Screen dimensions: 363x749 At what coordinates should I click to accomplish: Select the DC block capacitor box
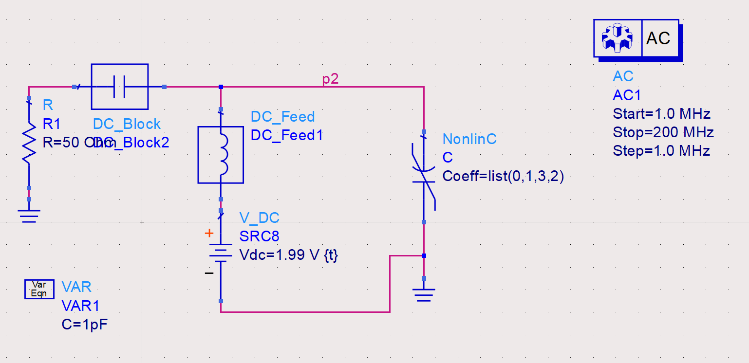[119, 87]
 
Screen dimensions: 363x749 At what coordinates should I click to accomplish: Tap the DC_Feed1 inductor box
[221, 155]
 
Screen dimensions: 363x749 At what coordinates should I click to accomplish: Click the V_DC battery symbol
[221, 253]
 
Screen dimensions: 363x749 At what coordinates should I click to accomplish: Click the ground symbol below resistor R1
[29, 214]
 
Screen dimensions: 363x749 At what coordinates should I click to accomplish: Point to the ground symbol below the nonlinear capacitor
[424, 294]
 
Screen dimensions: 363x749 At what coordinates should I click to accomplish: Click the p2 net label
[330, 79]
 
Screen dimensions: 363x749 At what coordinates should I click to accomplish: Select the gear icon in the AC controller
[617, 38]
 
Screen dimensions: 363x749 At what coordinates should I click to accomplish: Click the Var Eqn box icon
[39, 289]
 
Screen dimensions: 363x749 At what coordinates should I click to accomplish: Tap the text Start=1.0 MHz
[661, 114]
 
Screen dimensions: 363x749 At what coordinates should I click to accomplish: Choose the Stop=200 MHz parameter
[663, 132]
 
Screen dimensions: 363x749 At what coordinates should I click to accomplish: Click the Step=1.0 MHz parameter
[661, 151]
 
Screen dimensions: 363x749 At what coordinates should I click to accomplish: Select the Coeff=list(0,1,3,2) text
[503, 176]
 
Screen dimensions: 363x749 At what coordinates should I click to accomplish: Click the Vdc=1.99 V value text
[288, 255]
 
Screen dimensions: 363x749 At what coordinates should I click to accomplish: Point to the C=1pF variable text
[85, 324]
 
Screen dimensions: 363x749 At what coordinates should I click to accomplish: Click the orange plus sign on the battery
[209, 234]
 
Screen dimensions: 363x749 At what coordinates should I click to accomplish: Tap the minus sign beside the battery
[209, 273]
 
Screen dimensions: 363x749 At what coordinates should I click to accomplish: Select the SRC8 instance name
[259, 236]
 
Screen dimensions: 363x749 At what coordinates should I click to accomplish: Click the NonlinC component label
[469, 139]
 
